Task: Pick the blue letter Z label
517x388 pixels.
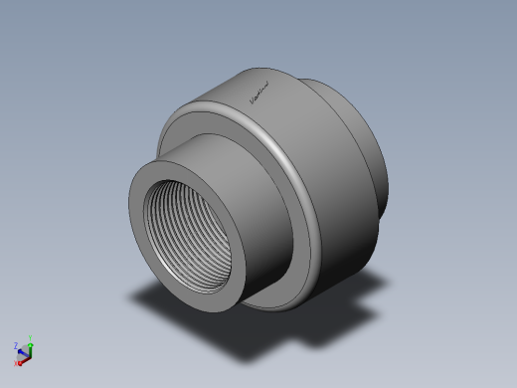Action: tap(16, 345)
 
